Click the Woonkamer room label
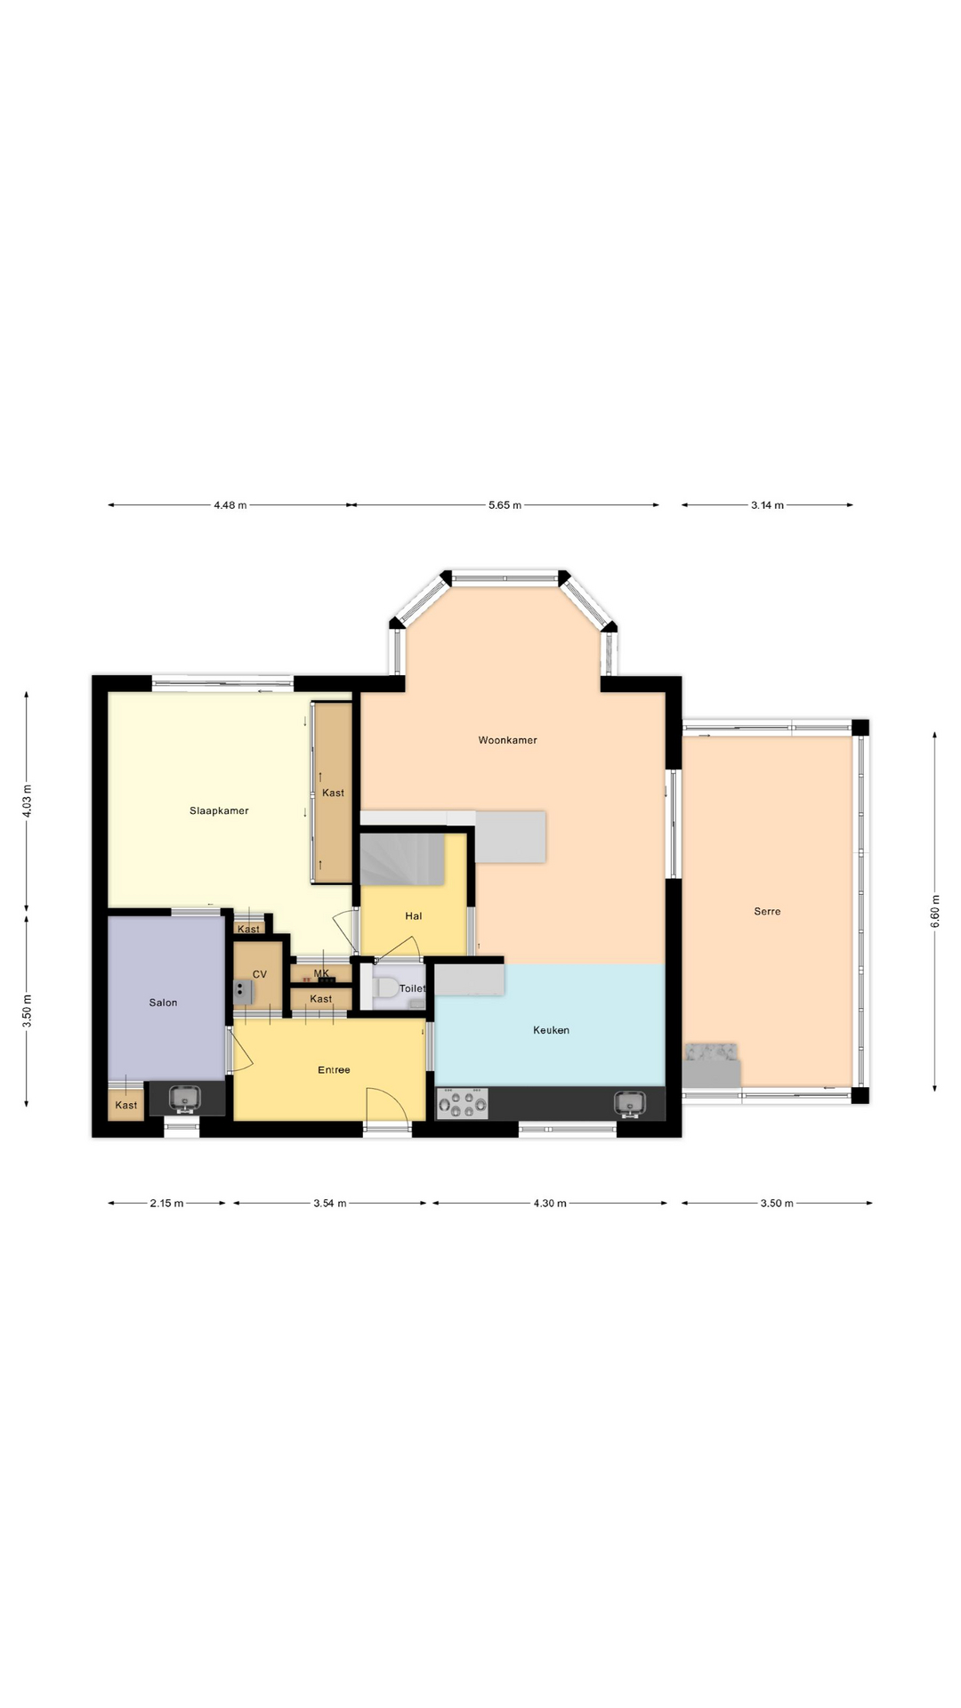[507, 740]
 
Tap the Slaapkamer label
[219, 811]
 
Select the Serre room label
[767, 912]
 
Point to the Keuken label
[551, 1030]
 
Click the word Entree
[334, 1070]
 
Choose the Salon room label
[163, 1003]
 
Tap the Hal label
[414, 916]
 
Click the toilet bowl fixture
[386, 988]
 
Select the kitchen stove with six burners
[462, 1104]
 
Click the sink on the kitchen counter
[629, 1104]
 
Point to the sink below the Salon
[185, 1100]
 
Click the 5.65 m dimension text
[505, 505]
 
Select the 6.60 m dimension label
[935, 912]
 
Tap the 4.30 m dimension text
[550, 1204]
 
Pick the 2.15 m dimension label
[166, 1204]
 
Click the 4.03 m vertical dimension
[27, 801]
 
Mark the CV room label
[260, 975]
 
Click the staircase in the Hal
[401, 858]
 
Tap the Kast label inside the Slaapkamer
[333, 794]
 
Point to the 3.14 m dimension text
[767, 505]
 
